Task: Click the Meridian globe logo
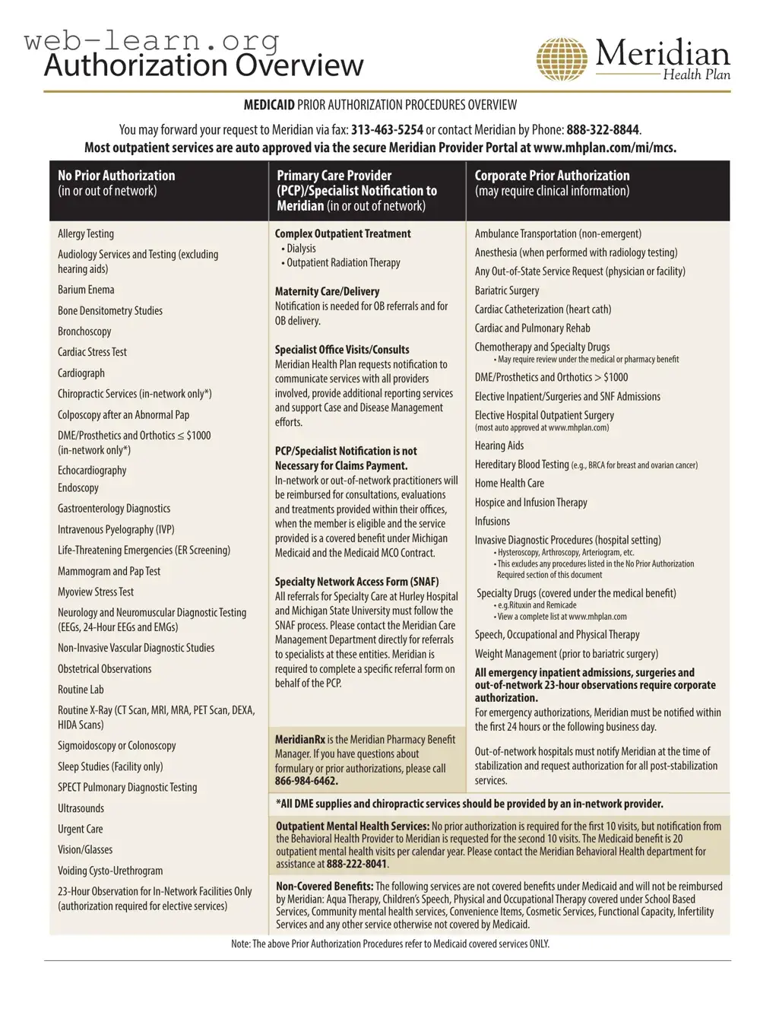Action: (x=562, y=59)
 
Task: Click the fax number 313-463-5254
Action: (x=387, y=130)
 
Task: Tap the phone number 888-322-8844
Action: (x=603, y=130)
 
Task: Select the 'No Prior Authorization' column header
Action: (x=116, y=176)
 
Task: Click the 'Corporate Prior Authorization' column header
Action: (x=552, y=176)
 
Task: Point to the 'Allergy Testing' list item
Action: (x=86, y=233)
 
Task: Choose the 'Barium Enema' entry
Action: (x=86, y=290)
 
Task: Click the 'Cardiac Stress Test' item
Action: (x=92, y=352)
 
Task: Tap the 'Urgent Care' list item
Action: (x=80, y=829)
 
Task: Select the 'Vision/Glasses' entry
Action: (x=85, y=849)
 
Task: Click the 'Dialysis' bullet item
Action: (x=301, y=249)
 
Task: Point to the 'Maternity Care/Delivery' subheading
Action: (x=327, y=291)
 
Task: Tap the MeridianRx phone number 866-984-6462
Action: (x=306, y=781)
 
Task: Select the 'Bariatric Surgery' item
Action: (x=507, y=290)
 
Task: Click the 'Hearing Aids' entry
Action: (x=499, y=446)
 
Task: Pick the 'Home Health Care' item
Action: (x=509, y=483)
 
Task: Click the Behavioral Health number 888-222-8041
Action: (x=356, y=864)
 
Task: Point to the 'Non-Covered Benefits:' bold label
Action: (x=325, y=886)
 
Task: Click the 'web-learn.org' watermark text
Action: (x=152, y=40)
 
